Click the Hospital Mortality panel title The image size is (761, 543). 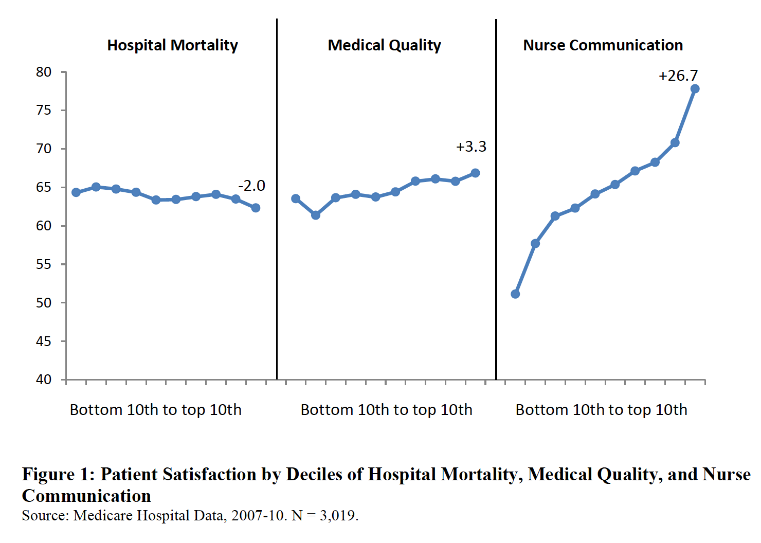pyautogui.click(x=172, y=45)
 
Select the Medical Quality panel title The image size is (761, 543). pyautogui.click(x=384, y=45)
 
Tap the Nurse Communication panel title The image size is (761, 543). pyautogui.click(x=603, y=45)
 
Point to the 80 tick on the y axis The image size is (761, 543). pyautogui.click(x=44, y=72)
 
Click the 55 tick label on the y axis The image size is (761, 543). pyautogui.click(x=44, y=264)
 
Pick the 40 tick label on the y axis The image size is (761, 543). pyautogui.click(x=44, y=379)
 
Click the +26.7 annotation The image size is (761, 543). pyautogui.click(x=678, y=76)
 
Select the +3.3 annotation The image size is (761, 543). pyautogui.click(x=471, y=147)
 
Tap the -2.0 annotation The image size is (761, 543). pyautogui.click(x=251, y=186)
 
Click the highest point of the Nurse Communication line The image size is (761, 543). pyautogui.click(x=695, y=89)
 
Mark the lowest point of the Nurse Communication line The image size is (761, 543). pyautogui.click(x=515, y=294)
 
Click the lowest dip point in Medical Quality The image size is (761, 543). pyautogui.click(x=316, y=215)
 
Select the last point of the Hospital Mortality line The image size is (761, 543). pyautogui.click(x=256, y=208)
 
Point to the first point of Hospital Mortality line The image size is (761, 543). pyautogui.click(x=76, y=192)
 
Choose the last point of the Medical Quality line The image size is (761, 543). pyautogui.click(x=475, y=173)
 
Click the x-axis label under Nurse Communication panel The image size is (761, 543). pyautogui.click(x=601, y=410)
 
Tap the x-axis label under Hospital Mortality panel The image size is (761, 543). pyautogui.click(x=155, y=410)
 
